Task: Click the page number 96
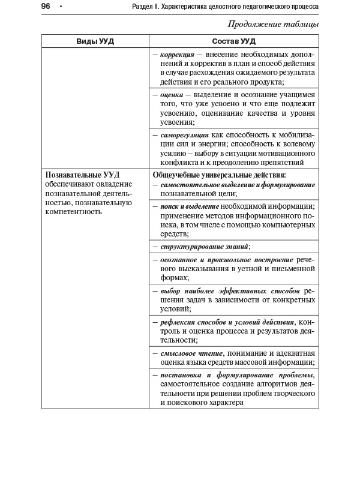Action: pos(46,6)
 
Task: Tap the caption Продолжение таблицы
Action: pos(273,25)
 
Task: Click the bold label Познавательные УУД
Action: pos(82,175)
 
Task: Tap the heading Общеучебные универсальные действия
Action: pos(220,175)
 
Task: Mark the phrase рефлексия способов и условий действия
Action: pos(227,322)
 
